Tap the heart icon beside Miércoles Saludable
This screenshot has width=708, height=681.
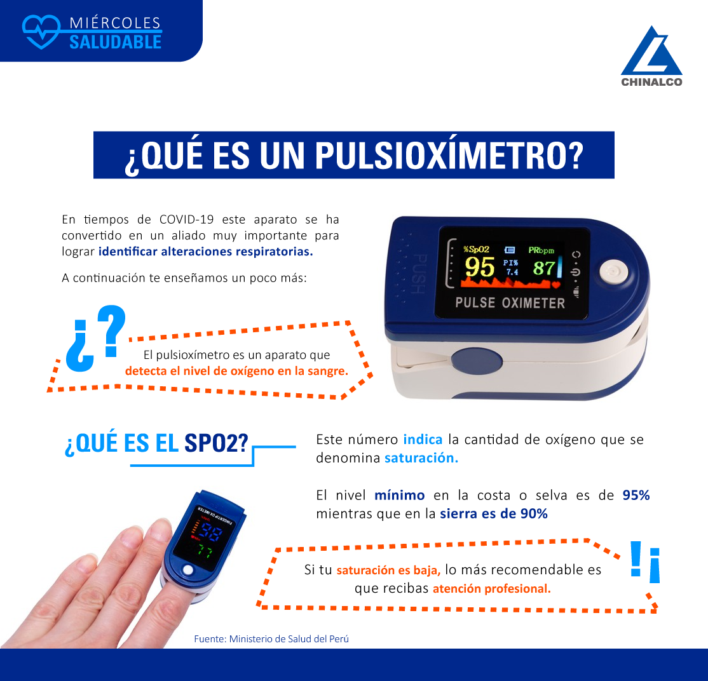pyautogui.click(x=41, y=32)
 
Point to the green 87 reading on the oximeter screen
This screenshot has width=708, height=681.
pyautogui.click(x=543, y=268)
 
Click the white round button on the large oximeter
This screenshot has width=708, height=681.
pyautogui.click(x=613, y=271)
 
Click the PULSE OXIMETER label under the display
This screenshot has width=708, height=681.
pyautogui.click(x=510, y=303)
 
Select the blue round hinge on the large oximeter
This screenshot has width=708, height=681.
pyautogui.click(x=477, y=361)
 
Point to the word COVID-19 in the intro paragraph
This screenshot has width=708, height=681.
pyautogui.click(x=186, y=219)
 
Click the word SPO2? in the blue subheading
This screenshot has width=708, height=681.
pyautogui.click(x=216, y=443)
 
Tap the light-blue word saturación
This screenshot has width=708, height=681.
pyautogui.click(x=421, y=457)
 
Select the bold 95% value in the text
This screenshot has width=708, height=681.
pyautogui.click(x=636, y=495)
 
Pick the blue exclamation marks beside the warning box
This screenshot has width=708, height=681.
pyautogui.click(x=645, y=562)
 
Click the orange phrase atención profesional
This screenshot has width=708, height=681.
pyautogui.click(x=492, y=588)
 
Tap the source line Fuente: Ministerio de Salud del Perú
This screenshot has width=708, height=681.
pyautogui.click(x=271, y=638)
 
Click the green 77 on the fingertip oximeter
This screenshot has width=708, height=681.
pyautogui.click(x=205, y=551)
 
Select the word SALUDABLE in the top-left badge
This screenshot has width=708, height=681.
pyautogui.click(x=115, y=42)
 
